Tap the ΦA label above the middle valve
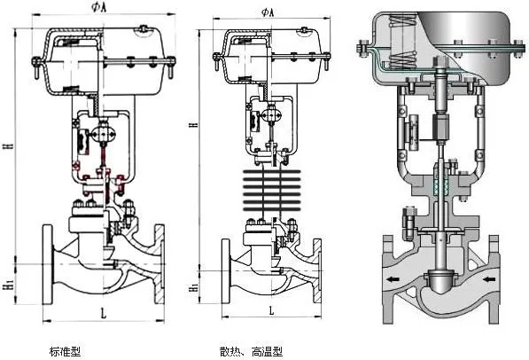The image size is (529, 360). (x=268, y=12)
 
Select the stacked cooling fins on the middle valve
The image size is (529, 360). (x=268, y=190)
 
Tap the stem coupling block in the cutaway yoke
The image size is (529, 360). (x=440, y=139)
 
